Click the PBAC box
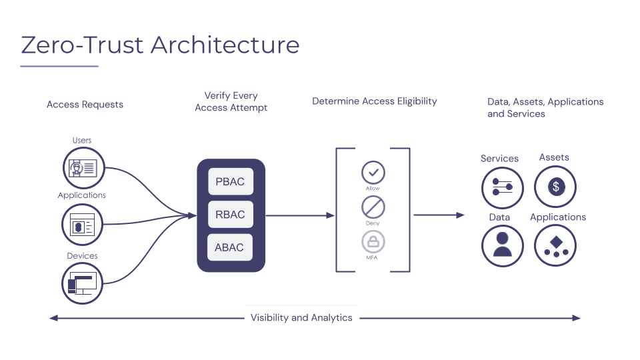click(230, 182)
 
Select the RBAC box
click(230, 215)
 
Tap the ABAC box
click(230, 247)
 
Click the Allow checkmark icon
click(373, 173)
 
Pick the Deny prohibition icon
click(373, 207)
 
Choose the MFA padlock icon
click(373, 241)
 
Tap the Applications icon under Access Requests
click(84, 225)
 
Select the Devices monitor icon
click(84, 283)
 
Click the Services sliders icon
click(503, 187)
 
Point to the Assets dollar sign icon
click(555, 187)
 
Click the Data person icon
click(503, 246)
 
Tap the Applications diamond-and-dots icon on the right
click(555, 246)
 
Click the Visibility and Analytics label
click(301, 317)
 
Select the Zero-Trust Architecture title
click(160, 45)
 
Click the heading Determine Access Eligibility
click(374, 101)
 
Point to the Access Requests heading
click(85, 105)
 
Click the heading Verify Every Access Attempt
click(231, 101)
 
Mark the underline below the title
click(59, 66)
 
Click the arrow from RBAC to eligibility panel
click(300, 215)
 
